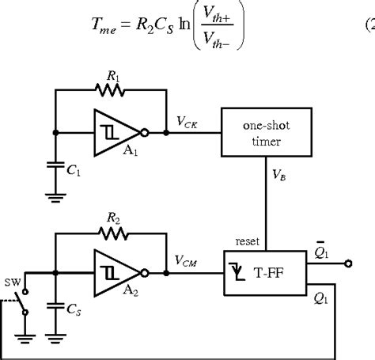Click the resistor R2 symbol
111,234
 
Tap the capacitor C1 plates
55,167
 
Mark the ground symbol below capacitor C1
55,198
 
